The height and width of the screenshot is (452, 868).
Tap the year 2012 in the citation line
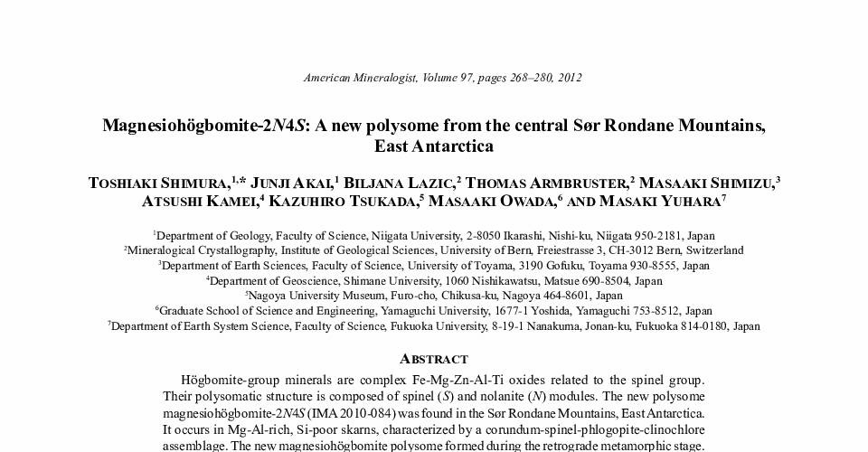click(x=568, y=78)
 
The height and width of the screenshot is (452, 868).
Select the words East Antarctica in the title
click(x=434, y=146)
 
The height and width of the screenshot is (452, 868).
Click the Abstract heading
click(x=434, y=359)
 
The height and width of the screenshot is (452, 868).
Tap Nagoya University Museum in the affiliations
click(x=308, y=296)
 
